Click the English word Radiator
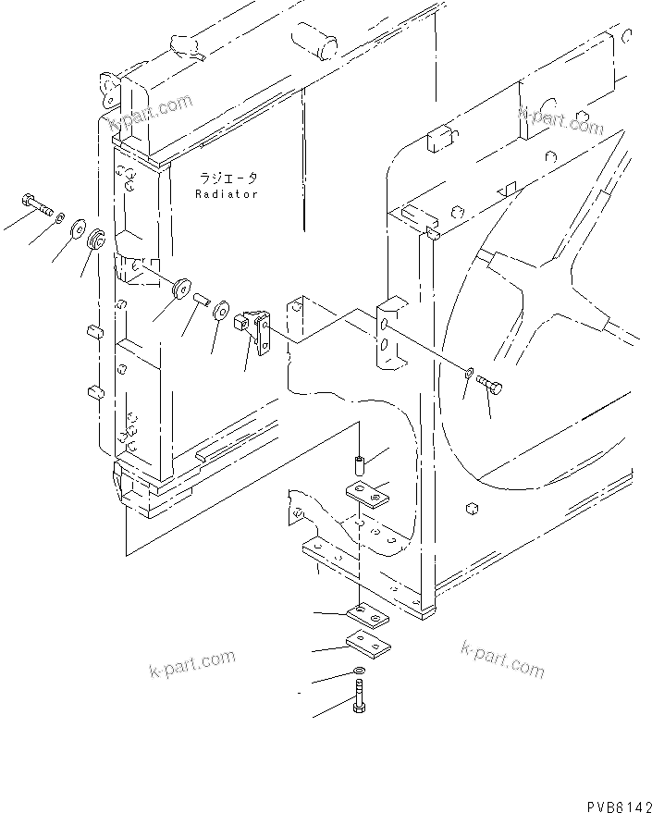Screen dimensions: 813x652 (227, 194)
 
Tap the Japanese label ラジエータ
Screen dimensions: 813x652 (228, 178)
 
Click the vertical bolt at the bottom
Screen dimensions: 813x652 (359, 699)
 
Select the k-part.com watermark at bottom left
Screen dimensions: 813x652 (191, 664)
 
